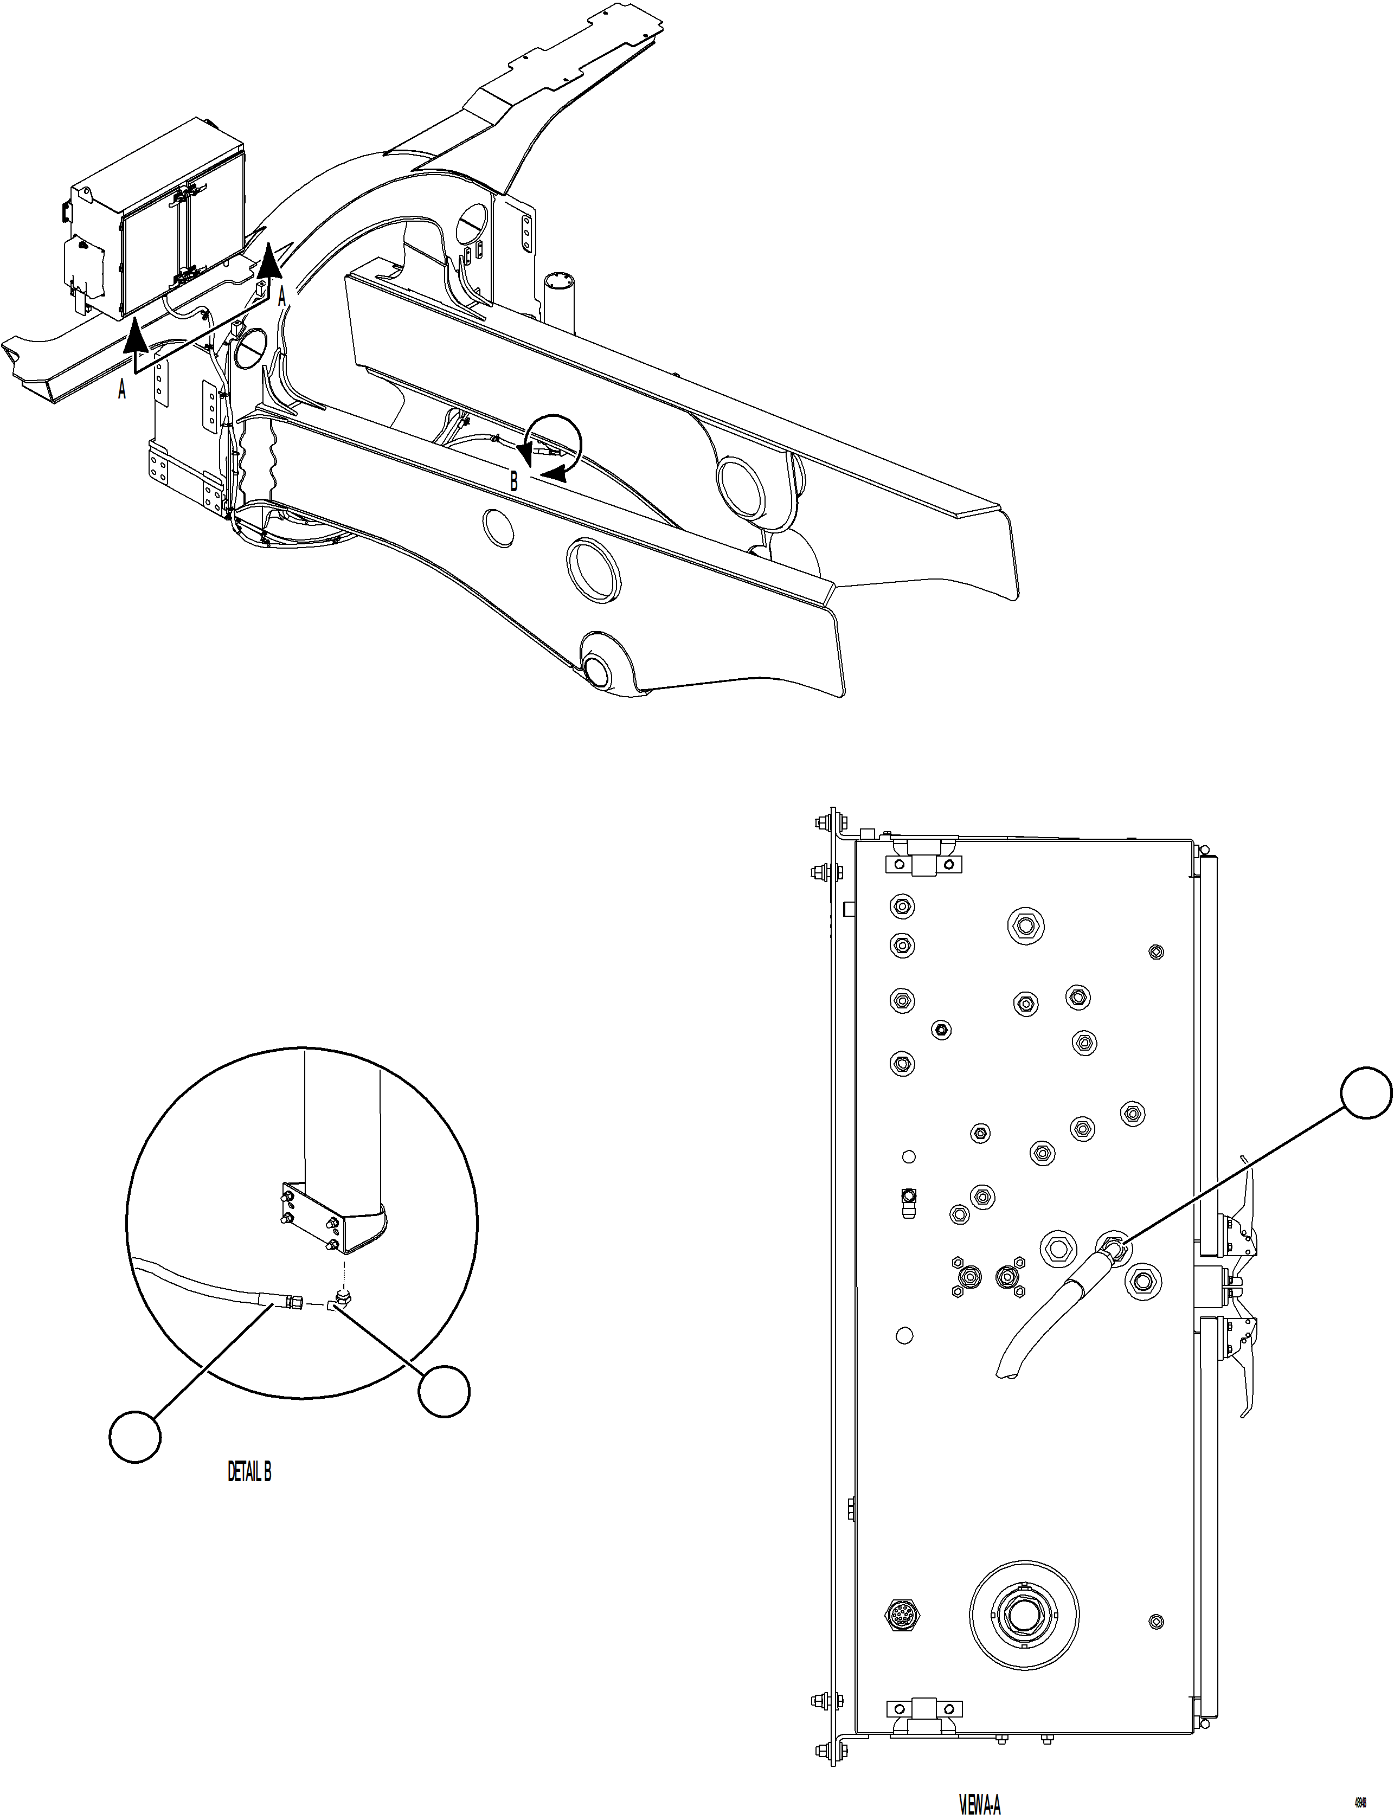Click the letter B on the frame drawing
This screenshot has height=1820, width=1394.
[x=513, y=481]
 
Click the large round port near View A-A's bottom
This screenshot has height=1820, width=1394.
[x=1024, y=1615]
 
